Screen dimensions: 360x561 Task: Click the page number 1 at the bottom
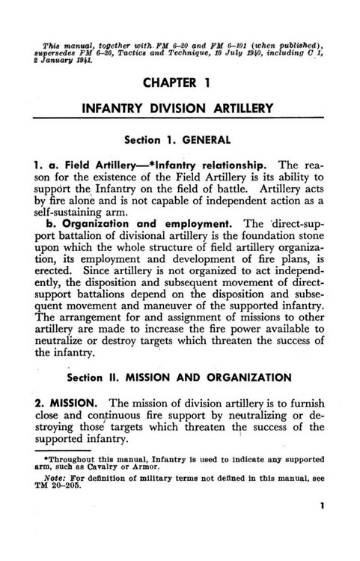321,527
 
